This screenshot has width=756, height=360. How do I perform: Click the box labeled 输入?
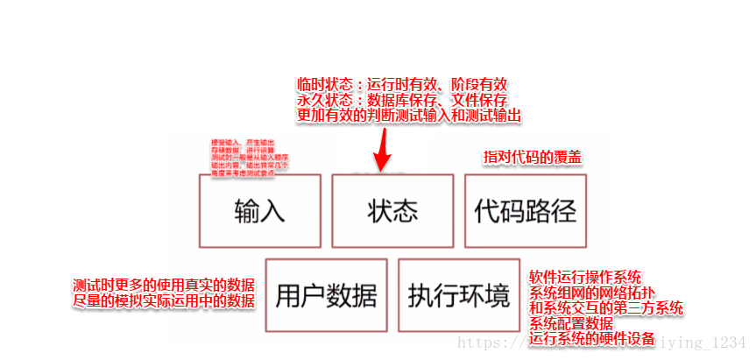[259, 210]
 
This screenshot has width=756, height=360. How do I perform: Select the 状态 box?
[392, 210]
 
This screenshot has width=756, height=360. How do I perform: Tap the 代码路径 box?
[525, 210]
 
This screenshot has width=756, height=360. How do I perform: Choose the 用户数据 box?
[326, 295]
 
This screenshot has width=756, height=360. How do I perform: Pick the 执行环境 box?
[458, 295]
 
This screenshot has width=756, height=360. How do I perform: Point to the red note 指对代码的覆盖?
[533, 158]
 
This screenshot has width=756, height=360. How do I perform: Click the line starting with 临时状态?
[402, 85]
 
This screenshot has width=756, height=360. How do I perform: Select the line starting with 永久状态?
[402, 100]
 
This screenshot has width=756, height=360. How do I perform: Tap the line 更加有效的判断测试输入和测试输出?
[410, 115]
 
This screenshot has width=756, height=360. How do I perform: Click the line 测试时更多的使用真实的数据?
[164, 286]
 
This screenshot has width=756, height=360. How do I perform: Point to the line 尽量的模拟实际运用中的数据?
[164, 301]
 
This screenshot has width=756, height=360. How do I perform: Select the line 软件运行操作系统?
[584, 277]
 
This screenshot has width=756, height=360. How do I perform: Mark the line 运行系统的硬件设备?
[592, 338]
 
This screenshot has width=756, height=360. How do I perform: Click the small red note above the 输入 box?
[249, 159]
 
